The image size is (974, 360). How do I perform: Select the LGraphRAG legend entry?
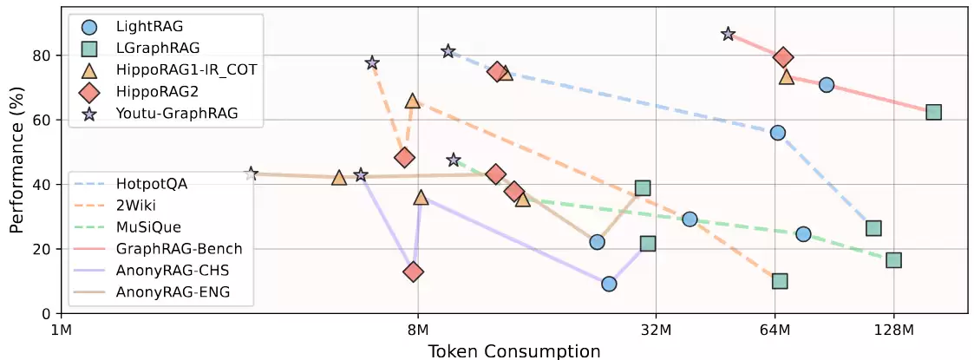coord(151,49)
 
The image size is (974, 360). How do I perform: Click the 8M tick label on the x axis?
coord(418,329)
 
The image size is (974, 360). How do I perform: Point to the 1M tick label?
coord(61,329)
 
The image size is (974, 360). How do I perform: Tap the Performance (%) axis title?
coord(17,160)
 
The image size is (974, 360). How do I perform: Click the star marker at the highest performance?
coord(728,34)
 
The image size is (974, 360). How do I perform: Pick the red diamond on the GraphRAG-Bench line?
coord(783,57)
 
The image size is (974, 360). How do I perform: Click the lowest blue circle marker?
coord(609,284)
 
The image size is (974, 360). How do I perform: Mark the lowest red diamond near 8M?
coord(414,272)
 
